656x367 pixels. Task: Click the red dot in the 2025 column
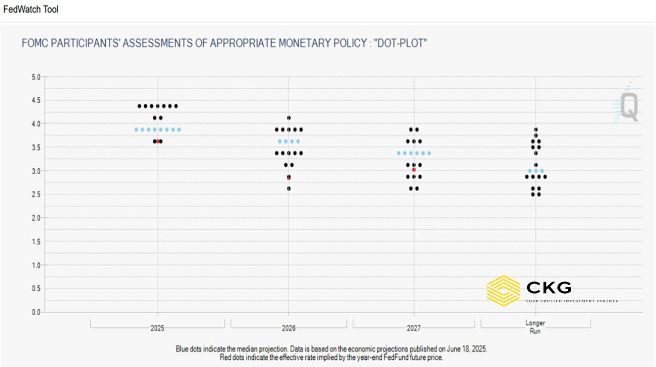pos(157,141)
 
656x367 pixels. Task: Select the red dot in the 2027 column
pos(414,170)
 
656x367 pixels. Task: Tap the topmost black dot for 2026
pos(289,118)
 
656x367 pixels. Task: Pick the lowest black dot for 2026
pos(289,188)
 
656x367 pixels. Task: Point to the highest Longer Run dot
pos(536,130)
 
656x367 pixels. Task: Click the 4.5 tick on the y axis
pos(36,101)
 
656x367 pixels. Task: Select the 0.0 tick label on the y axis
pos(36,312)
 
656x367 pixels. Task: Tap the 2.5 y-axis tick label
pos(36,194)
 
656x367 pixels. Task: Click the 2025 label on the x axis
pos(157,328)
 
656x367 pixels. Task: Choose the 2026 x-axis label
pos(289,328)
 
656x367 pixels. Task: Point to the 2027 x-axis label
pos(414,328)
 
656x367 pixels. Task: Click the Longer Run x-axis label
pos(535,327)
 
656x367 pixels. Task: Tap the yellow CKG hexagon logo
pos(504,291)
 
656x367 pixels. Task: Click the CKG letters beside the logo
pos(549,287)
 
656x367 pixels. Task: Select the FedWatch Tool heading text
pos(31,9)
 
